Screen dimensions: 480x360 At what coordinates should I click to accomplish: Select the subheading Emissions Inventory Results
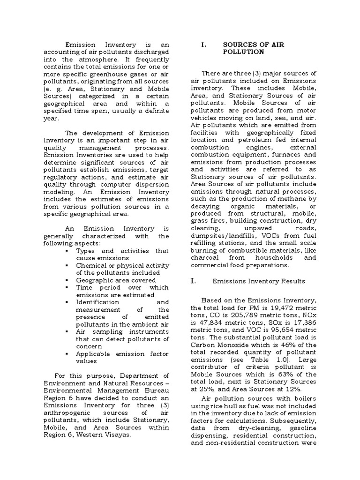point(259,281)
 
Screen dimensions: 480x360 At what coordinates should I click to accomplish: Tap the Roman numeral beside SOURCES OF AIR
point(203,45)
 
